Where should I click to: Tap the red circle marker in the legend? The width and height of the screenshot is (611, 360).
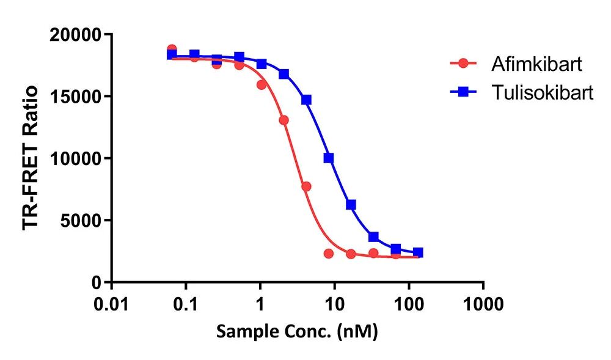pyautogui.click(x=463, y=63)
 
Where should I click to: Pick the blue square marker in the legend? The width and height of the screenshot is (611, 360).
pyautogui.click(x=463, y=92)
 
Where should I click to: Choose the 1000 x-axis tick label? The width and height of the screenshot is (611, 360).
pyautogui.click(x=483, y=304)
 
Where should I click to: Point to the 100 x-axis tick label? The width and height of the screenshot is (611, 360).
pyautogui.click(x=409, y=304)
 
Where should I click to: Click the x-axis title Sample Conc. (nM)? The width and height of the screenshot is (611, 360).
pyautogui.click(x=297, y=332)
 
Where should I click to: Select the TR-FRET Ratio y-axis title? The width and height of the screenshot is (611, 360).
pyautogui.click(x=31, y=158)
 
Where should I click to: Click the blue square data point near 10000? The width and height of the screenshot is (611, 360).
pyautogui.click(x=329, y=158)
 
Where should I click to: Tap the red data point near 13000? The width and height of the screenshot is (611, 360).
pyautogui.click(x=284, y=120)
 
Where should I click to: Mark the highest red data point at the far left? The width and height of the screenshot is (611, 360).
pyautogui.click(x=172, y=49)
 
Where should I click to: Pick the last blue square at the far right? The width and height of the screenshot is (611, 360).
pyautogui.click(x=418, y=252)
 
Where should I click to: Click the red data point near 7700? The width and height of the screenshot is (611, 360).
pyautogui.click(x=306, y=186)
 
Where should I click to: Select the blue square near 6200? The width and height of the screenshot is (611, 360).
pyautogui.click(x=351, y=205)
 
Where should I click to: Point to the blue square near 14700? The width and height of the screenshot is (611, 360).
pyautogui.click(x=306, y=100)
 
